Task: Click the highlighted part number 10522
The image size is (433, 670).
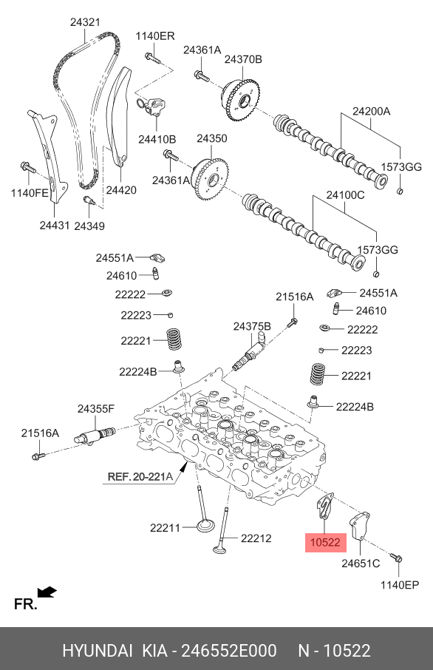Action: pyautogui.click(x=325, y=542)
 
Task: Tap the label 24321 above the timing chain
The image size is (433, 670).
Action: pyautogui.click(x=85, y=22)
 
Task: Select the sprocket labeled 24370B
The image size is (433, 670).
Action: pyautogui.click(x=241, y=101)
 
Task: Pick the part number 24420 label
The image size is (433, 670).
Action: pyautogui.click(x=121, y=190)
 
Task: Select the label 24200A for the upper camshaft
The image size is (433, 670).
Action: pyautogui.click(x=372, y=112)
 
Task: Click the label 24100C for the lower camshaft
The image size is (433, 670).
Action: pyautogui.click(x=345, y=195)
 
